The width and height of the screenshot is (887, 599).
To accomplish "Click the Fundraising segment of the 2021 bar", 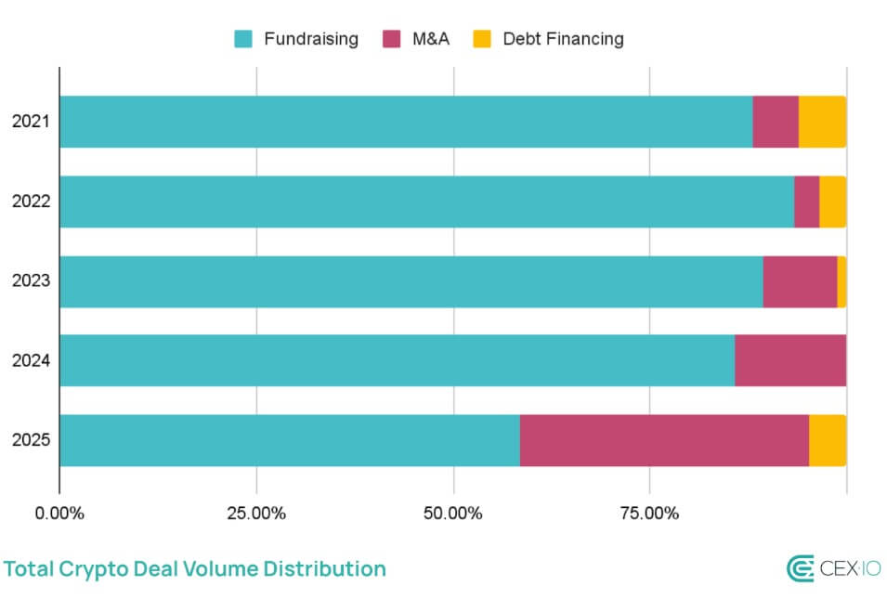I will coord(406,122).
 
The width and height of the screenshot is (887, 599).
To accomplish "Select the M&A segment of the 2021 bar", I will coord(776,122).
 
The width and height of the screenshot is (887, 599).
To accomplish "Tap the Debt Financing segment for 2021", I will coord(822,122).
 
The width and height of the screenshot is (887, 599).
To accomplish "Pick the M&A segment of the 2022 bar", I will coord(806,202).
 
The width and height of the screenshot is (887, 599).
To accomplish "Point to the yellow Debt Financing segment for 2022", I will coord(832,202).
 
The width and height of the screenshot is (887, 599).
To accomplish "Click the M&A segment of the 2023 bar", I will coord(800,281).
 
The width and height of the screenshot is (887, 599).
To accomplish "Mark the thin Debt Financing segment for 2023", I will coord(841,281).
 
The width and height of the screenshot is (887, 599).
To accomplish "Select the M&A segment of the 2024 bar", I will coord(789,360).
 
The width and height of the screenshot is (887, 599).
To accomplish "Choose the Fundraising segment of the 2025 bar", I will coord(290,440).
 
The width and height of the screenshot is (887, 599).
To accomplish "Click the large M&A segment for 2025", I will coord(664,440).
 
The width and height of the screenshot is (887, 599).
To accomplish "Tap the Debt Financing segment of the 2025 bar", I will coord(828,440).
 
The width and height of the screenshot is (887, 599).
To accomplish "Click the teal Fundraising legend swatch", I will coord(243,39).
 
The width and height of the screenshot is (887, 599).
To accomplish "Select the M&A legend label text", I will coord(431,39).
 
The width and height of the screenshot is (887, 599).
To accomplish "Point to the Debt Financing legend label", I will coord(563,39).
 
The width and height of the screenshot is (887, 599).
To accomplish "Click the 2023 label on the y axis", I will coord(30,281).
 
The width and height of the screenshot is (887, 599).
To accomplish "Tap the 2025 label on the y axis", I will coord(30,440).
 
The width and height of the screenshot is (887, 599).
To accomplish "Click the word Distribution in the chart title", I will coord(324,568).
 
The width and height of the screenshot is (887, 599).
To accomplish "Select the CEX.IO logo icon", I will coord(800,568).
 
